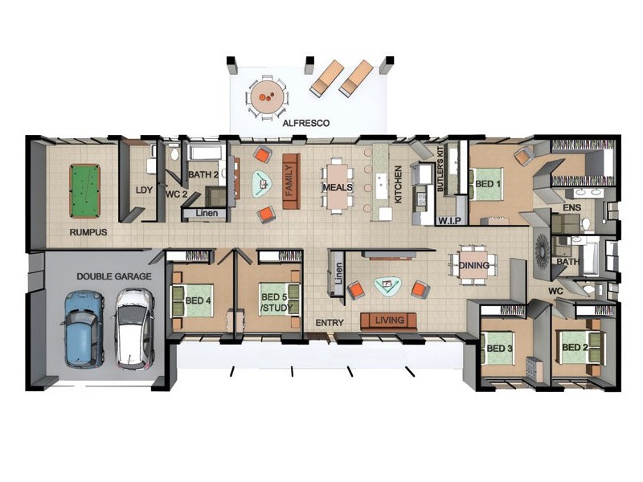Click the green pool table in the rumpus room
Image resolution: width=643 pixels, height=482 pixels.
click(85, 191)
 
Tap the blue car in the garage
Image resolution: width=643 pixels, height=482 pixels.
click(84, 329)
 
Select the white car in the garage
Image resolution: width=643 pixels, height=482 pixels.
click(133, 329)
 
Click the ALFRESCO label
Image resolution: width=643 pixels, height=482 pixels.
click(306, 123)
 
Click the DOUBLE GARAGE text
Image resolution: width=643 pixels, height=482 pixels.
click(114, 276)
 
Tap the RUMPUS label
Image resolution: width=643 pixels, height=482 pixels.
click(88, 232)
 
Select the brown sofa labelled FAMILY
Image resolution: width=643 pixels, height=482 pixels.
click(291, 181)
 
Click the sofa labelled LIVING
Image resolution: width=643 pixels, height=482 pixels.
click(388, 321)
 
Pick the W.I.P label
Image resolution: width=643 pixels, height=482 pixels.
click(449, 221)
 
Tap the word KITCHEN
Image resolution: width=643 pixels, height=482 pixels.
click(397, 185)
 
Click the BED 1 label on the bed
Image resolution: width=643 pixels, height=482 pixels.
click(488, 184)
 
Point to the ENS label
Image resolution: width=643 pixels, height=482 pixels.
click(571, 208)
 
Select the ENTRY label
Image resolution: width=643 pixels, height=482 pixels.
click(330, 323)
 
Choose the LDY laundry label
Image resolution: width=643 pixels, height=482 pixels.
click(144, 190)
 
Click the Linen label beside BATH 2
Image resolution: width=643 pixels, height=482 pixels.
click(207, 213)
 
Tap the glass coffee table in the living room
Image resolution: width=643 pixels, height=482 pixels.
click(387, 286)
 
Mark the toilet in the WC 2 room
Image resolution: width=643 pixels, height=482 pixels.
click(174, 153)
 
